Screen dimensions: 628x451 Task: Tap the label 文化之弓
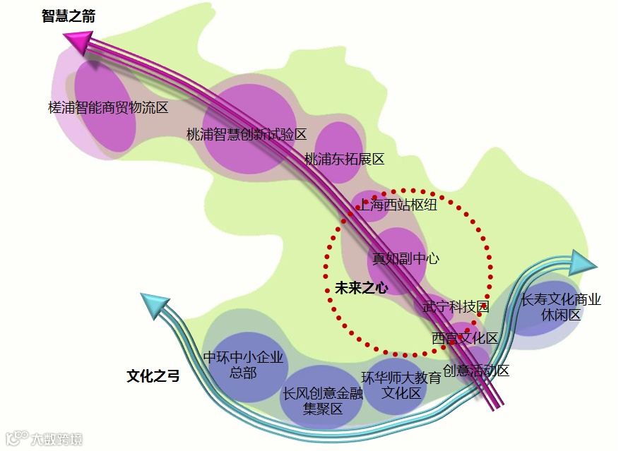(153, 376)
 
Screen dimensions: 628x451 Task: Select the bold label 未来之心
(361, 287)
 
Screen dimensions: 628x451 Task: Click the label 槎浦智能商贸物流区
(108, 107)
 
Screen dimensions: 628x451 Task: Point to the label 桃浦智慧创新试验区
(247, 134)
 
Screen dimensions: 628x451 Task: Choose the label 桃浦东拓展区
(344, 159)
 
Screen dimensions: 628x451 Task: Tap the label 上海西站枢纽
(398, 205)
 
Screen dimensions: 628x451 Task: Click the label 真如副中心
(405, 258)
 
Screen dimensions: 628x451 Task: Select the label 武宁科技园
(456, 307)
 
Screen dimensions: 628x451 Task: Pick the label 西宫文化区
(465, 338)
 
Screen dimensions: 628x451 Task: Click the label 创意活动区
(476, 370)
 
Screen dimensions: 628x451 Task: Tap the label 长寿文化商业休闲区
(561, 307)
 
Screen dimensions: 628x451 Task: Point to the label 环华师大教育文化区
(401, 385)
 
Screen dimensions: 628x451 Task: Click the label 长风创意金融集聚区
(323, 401)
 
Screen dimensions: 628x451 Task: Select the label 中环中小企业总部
(243, 365)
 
